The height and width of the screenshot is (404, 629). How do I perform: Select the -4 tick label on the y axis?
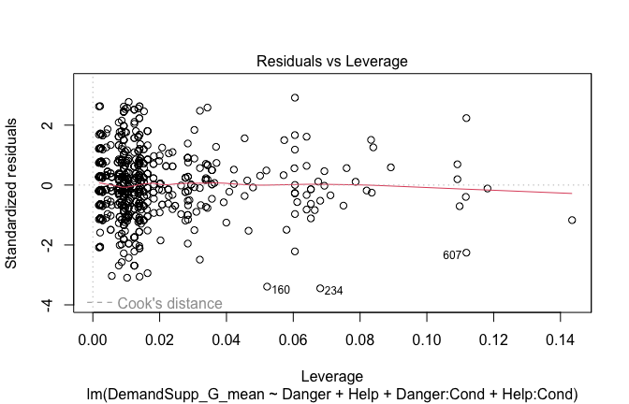[56, 305]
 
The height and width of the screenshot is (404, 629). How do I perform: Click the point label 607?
[453, 255]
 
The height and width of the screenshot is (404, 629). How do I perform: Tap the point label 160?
[281, 290]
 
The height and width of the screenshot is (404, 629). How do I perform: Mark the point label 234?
[333, 291]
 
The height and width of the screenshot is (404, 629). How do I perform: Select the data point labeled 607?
[466, 252]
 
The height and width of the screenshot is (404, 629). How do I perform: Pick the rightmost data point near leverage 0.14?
[572, 220]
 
